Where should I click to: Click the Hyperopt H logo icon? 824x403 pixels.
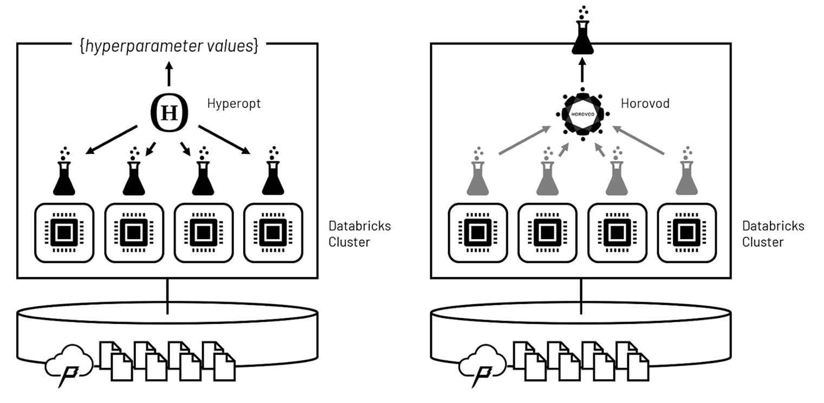(x=170, y=113)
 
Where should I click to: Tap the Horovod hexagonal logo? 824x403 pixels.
(x=582, y=114)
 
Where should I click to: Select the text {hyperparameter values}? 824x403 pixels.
(x=168, y=47)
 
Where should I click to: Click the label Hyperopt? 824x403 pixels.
(x=233, y=103)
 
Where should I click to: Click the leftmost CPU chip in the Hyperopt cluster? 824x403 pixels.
(x=64, y=232)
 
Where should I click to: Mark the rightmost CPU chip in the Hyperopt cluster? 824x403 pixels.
(x=272, y=232)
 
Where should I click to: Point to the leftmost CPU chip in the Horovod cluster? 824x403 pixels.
(x=478, y=232)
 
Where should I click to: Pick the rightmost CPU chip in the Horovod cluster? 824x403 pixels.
(x=686, y=232)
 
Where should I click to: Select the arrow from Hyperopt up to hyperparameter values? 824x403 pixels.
(x=169, y=74)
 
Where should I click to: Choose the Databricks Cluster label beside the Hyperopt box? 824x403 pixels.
(x=359, y=234)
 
